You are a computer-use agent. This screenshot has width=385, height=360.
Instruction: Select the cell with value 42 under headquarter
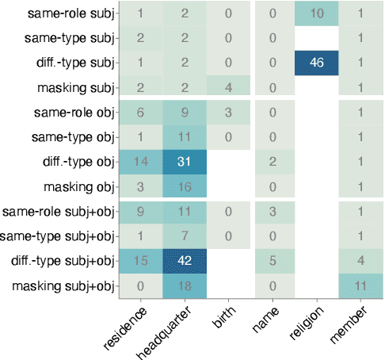tap(184, 261)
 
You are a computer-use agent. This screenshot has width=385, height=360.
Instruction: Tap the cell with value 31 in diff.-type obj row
tap(184, 162)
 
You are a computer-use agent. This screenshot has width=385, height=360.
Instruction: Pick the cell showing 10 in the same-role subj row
tap(317, 13)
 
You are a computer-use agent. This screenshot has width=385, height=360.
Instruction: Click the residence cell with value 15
tap(140, 261)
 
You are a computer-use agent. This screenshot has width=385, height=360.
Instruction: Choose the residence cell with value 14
tap(140, 162)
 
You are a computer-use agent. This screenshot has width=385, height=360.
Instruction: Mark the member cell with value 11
tap(360, 285)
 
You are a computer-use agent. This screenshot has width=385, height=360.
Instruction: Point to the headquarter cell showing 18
tap(184, 285)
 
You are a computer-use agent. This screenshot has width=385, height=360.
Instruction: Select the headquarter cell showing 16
tap(184, 186)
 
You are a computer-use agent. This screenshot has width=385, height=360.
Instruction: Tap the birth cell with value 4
tap(228, 87)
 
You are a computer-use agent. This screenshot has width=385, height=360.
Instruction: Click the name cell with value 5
tap(273, 261)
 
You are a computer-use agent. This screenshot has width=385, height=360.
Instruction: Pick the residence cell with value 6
tap(140, 113)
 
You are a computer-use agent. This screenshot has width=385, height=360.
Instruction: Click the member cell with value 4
tap(360, 261)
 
